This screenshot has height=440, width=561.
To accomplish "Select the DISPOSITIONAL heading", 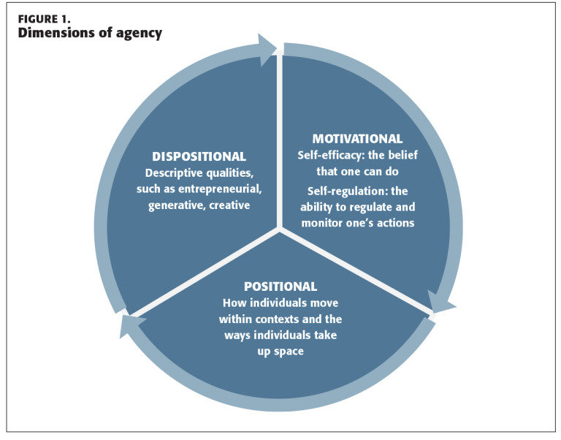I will [x=199, y=157].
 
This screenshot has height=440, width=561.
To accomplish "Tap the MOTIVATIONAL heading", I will [x=357, y=139].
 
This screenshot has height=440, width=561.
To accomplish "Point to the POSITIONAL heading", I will [x=280, y=287].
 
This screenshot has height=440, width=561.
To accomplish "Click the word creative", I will [x=231, y=205].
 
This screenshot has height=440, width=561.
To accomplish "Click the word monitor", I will [x=324, y=222].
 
